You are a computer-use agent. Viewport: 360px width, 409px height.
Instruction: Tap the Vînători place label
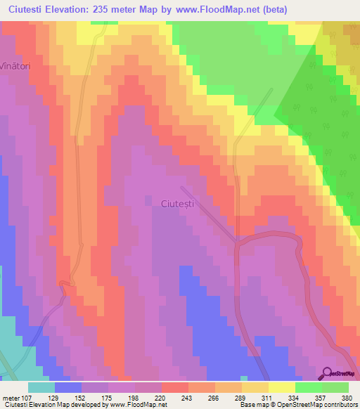(x=15, y=63)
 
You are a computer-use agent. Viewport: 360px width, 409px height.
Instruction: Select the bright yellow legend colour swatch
(x=281, y=387)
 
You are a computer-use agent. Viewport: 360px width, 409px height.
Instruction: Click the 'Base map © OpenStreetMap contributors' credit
(x=298, y=405)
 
